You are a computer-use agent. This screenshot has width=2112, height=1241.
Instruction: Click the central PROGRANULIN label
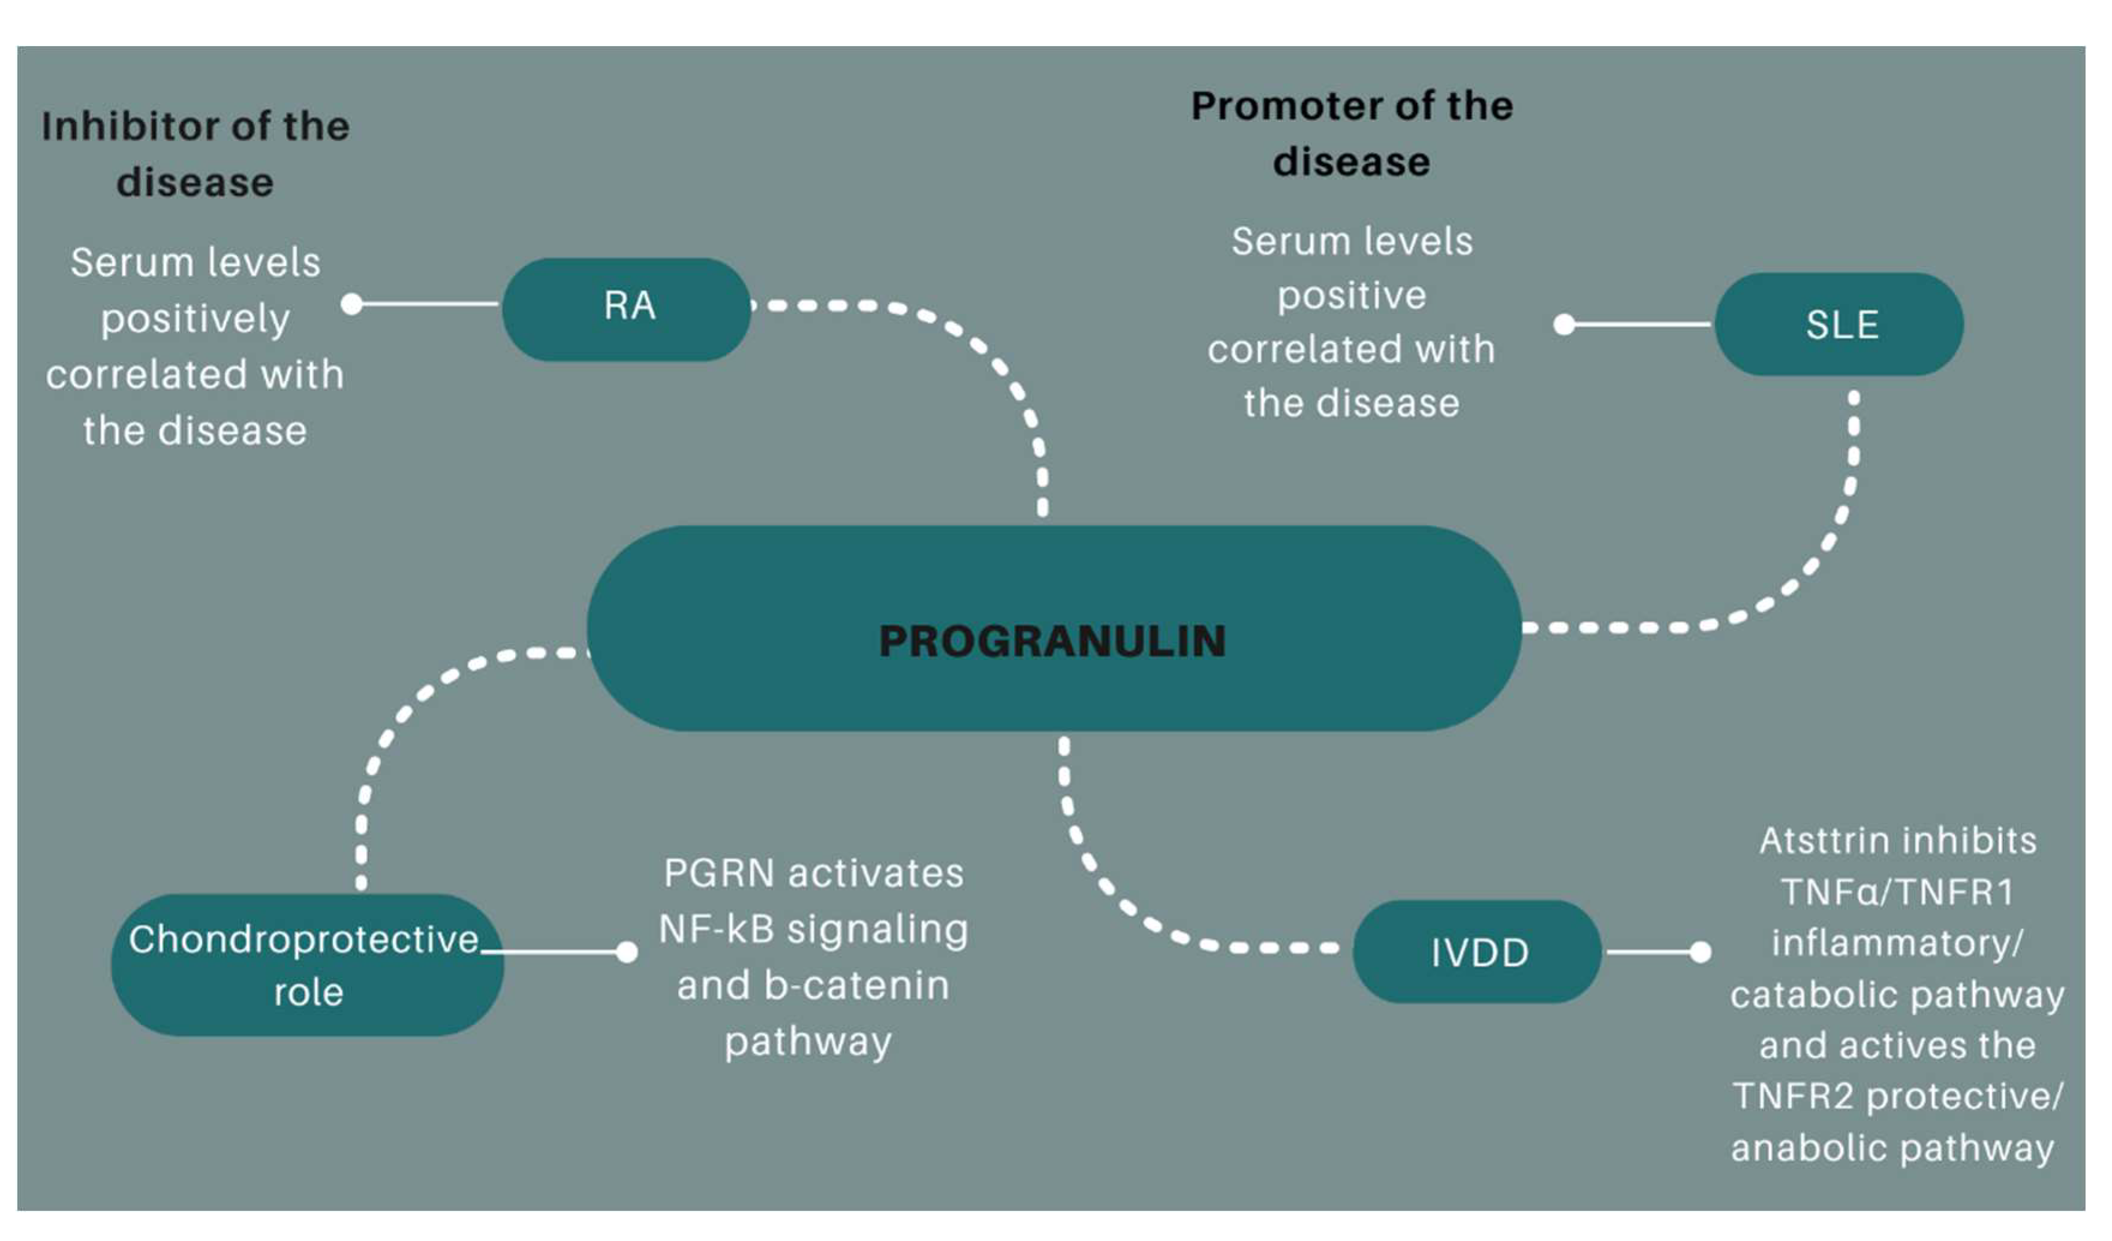pos(1052,642)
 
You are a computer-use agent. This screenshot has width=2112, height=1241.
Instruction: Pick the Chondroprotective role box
pos(308,964)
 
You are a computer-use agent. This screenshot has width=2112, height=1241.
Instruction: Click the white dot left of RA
pos(352,304)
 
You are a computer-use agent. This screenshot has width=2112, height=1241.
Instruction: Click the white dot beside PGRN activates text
pos(626,952)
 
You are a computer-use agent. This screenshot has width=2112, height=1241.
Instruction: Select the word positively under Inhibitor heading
pos(195,319)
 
